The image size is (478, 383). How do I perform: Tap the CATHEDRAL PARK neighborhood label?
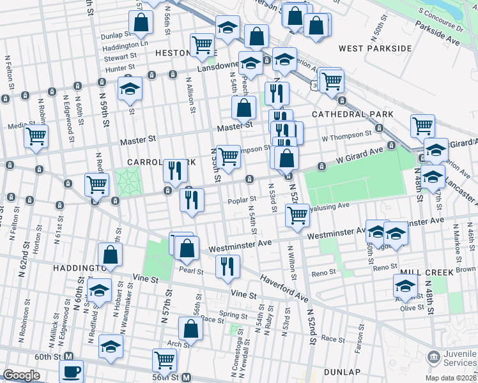(x=348, y=114)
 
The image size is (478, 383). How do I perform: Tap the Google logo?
(x=21, y=375)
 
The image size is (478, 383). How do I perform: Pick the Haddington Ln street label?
(x=125, y=45)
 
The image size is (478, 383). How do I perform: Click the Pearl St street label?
(x=191, y=271)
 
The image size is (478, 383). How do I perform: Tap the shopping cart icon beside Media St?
(x=36, y=136)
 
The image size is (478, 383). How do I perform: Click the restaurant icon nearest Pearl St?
(x=227, y=265)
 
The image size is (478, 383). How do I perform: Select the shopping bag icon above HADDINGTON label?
(x=111, y=253)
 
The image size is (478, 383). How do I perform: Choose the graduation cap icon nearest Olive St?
(x=405, y=286)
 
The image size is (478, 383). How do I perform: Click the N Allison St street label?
(x=190, y=93)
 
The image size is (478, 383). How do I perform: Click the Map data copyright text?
(x=451, y=378)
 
